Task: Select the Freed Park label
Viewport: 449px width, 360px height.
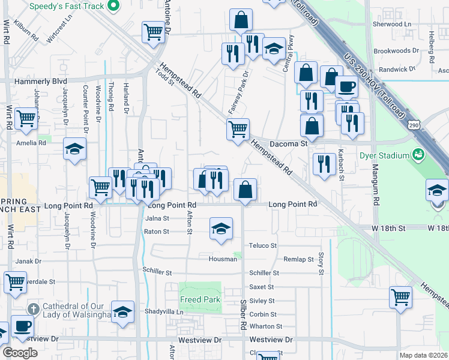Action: [x=200, y=299]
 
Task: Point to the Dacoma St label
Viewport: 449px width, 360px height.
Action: [x=288, y=144]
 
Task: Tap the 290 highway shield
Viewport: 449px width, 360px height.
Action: [x=414, y=125]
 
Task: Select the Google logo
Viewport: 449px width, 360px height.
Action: [x=19, y=353]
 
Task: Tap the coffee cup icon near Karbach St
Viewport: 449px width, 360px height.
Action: [x=346, y=87]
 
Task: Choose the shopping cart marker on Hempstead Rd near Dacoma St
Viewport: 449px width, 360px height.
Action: [x=238, y=128]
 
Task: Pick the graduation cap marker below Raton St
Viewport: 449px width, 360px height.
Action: [x=221, y=228]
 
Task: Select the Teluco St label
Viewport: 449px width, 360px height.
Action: [x=263, y=245]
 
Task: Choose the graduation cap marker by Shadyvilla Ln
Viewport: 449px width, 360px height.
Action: [x=122, y=311]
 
